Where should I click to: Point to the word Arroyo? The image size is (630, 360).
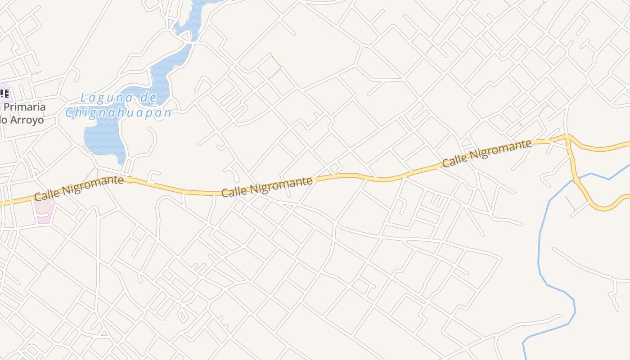coord(28,120)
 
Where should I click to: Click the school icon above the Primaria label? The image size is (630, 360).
coord(4,94)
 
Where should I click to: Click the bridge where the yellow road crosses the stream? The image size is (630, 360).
coord(576,180)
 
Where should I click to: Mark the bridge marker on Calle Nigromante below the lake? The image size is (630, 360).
coord(130,180)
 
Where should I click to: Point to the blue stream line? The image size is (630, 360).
coord(540,252)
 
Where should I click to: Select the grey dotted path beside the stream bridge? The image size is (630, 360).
coord(570,203)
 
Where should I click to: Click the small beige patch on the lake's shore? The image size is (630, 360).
coord(87,147)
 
